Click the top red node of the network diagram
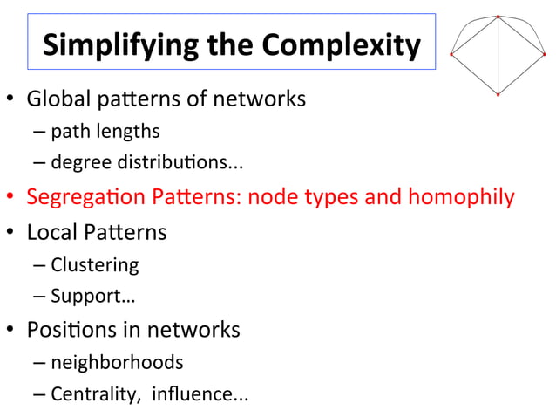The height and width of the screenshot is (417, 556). [x=498, y=17]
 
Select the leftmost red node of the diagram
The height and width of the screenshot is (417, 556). [x=451, y=55]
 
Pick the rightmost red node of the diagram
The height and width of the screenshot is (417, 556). [x=544, y=55]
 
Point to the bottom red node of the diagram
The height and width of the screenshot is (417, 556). [x=498, y=94]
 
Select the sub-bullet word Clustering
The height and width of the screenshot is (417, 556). [x=94, y=264]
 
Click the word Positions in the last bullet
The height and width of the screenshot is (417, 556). [x=71, y=331]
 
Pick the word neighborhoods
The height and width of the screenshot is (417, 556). [x=117, y=362]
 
